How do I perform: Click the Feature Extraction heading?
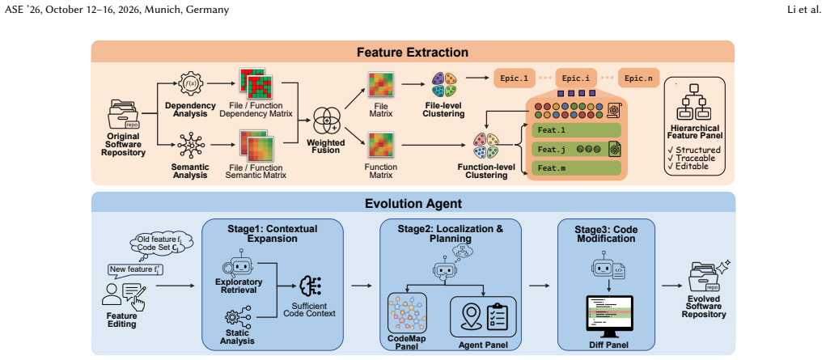pos(413,53)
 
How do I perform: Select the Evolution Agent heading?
pos(413,203)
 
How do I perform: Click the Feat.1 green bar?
pos(576,130)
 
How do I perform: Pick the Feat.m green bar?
pos(576,168)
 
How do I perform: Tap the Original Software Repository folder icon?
pos(122,113)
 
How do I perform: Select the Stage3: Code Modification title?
pos(605,234)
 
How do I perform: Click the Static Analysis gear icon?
pos(233,319)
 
